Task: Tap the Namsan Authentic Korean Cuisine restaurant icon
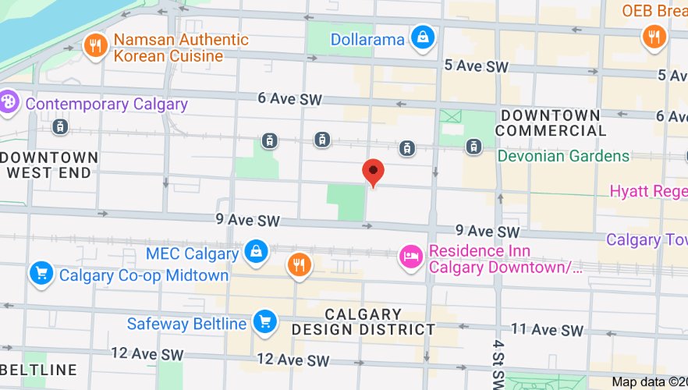point(94,44)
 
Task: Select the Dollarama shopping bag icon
point(423,37)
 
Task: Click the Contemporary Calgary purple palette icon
point(9,102)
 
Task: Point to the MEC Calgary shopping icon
point(255,251)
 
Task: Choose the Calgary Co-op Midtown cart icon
point(41,273)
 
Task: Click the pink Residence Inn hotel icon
point(411,255)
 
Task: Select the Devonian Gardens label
point(563,156)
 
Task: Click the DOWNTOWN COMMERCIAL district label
point(551,122)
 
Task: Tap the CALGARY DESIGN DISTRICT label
point(363,321)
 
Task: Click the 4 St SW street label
point(498,363)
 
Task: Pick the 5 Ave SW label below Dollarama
point(476,67)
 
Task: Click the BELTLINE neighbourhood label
point(39,369)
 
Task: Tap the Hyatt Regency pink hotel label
point(647,191)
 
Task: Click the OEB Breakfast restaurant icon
point(652,36)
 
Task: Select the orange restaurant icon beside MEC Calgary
point(299,265)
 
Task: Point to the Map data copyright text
point(648,381)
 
